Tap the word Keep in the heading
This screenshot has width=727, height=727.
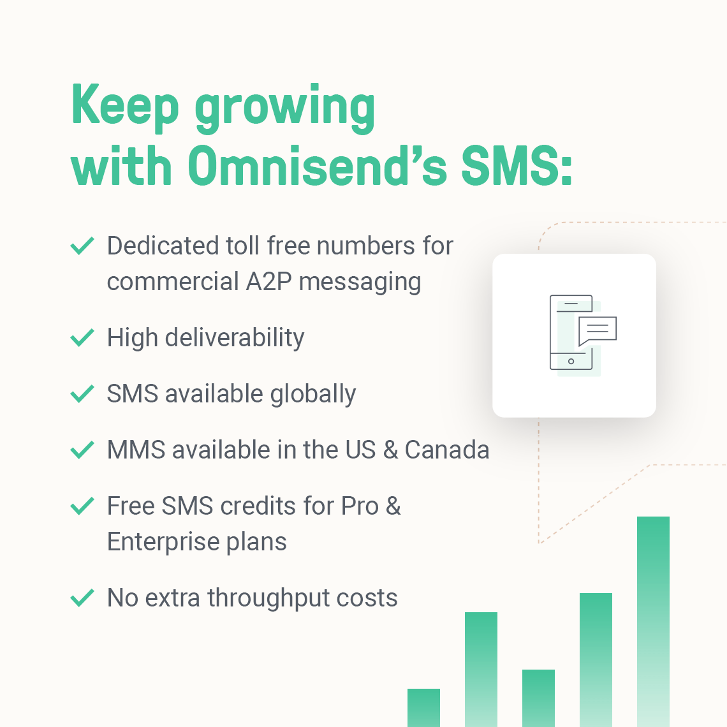coord(125,106)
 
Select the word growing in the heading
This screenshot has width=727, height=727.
coord(284,108)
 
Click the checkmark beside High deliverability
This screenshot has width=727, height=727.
coord(82,337)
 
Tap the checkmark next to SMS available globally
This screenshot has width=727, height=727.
coord(82,393)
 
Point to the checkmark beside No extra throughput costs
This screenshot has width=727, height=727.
coord(82,598)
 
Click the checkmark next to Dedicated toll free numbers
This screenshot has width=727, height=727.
coord(82,246)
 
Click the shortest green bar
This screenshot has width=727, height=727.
coord(423,707)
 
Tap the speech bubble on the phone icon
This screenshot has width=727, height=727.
coord(597,330)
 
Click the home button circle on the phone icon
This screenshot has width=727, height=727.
coord(571,362)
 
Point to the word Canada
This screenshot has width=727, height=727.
coord(447,450)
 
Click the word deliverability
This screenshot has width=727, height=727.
coord(234,338)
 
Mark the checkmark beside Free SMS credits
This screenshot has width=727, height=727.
coord(82,506)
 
